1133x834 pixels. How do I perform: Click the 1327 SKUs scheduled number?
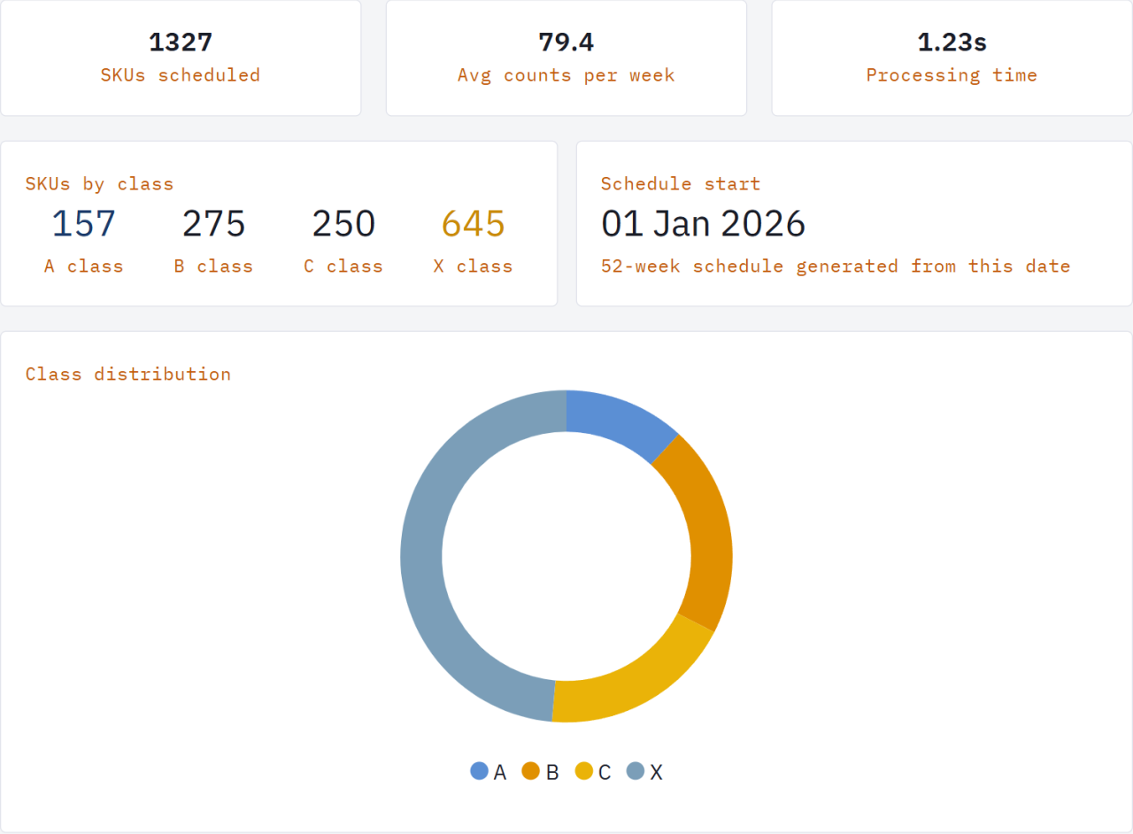coord(181,42)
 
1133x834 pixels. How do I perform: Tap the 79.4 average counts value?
coord(566,42)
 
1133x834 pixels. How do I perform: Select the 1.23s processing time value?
coord(952,42)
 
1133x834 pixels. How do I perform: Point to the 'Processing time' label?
coord(952,75)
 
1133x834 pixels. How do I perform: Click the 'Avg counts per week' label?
coord(566,75)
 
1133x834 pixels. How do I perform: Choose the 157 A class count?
coord(83,224)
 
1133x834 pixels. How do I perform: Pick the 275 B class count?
coord(213,224)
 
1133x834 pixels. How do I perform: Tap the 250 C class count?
coord(343,224)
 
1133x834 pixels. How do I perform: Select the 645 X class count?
coord(474,224)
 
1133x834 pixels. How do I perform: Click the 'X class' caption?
coord(474,266)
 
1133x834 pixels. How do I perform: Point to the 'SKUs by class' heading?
coord(99,184)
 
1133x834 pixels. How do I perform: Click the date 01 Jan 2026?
coord(703,224)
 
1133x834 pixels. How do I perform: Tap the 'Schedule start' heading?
coord(681,184)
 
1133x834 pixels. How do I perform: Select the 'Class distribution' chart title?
coord(128,375)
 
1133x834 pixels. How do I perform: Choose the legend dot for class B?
coord(531,771)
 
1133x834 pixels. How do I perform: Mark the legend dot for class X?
coord(636,771)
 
